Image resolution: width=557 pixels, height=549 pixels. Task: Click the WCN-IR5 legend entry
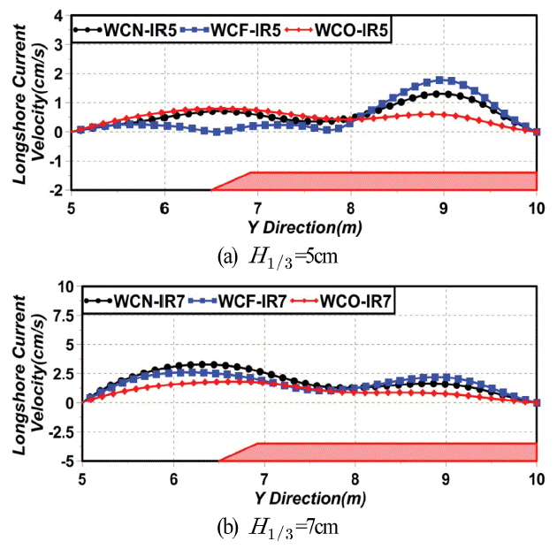click(126, 30)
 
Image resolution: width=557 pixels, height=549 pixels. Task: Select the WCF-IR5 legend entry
click(233, 30)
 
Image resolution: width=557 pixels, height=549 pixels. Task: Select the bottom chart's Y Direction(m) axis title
click(305, 492)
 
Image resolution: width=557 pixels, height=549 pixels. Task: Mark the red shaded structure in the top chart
click(389, 180)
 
